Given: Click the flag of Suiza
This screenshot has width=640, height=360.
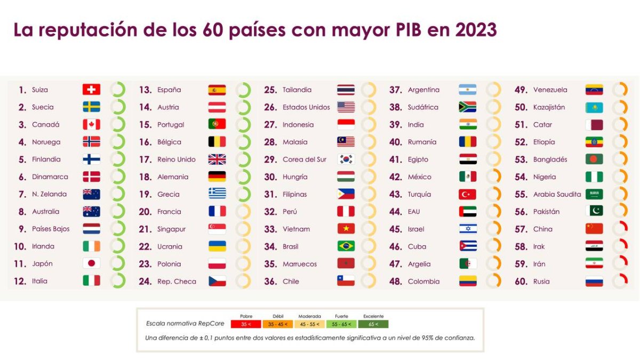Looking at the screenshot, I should (91, 90).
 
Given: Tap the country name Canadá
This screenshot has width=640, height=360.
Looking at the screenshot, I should (46, 125).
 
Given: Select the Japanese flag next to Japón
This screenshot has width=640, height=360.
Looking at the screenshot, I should (91, 263).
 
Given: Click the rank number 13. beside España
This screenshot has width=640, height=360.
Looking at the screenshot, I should (146, 90).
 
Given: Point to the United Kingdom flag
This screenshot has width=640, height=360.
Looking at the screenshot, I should (217, 159).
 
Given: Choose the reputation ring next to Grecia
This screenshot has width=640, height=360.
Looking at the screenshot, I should (243, 194).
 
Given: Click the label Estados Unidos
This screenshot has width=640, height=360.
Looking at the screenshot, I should (306, 107).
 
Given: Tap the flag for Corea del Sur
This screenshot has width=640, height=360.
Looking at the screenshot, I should (346, 159).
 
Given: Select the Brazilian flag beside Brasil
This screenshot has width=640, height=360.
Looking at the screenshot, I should (346, 246).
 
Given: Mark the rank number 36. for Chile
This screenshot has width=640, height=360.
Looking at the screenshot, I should (270, 282).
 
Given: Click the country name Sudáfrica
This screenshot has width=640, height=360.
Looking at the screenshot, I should (423, 107).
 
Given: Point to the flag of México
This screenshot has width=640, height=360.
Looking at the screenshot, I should (468, 177).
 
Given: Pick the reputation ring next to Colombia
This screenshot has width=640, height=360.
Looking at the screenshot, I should (494, 281).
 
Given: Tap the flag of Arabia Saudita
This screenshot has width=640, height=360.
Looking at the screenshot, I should (594, 194).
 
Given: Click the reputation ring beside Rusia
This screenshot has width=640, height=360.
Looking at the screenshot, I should (620, 281).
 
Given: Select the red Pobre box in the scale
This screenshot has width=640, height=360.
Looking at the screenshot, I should (246, 324).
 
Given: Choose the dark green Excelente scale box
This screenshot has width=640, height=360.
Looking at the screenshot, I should (373, 324).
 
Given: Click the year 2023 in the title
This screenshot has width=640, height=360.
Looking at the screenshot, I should (476, 30).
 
